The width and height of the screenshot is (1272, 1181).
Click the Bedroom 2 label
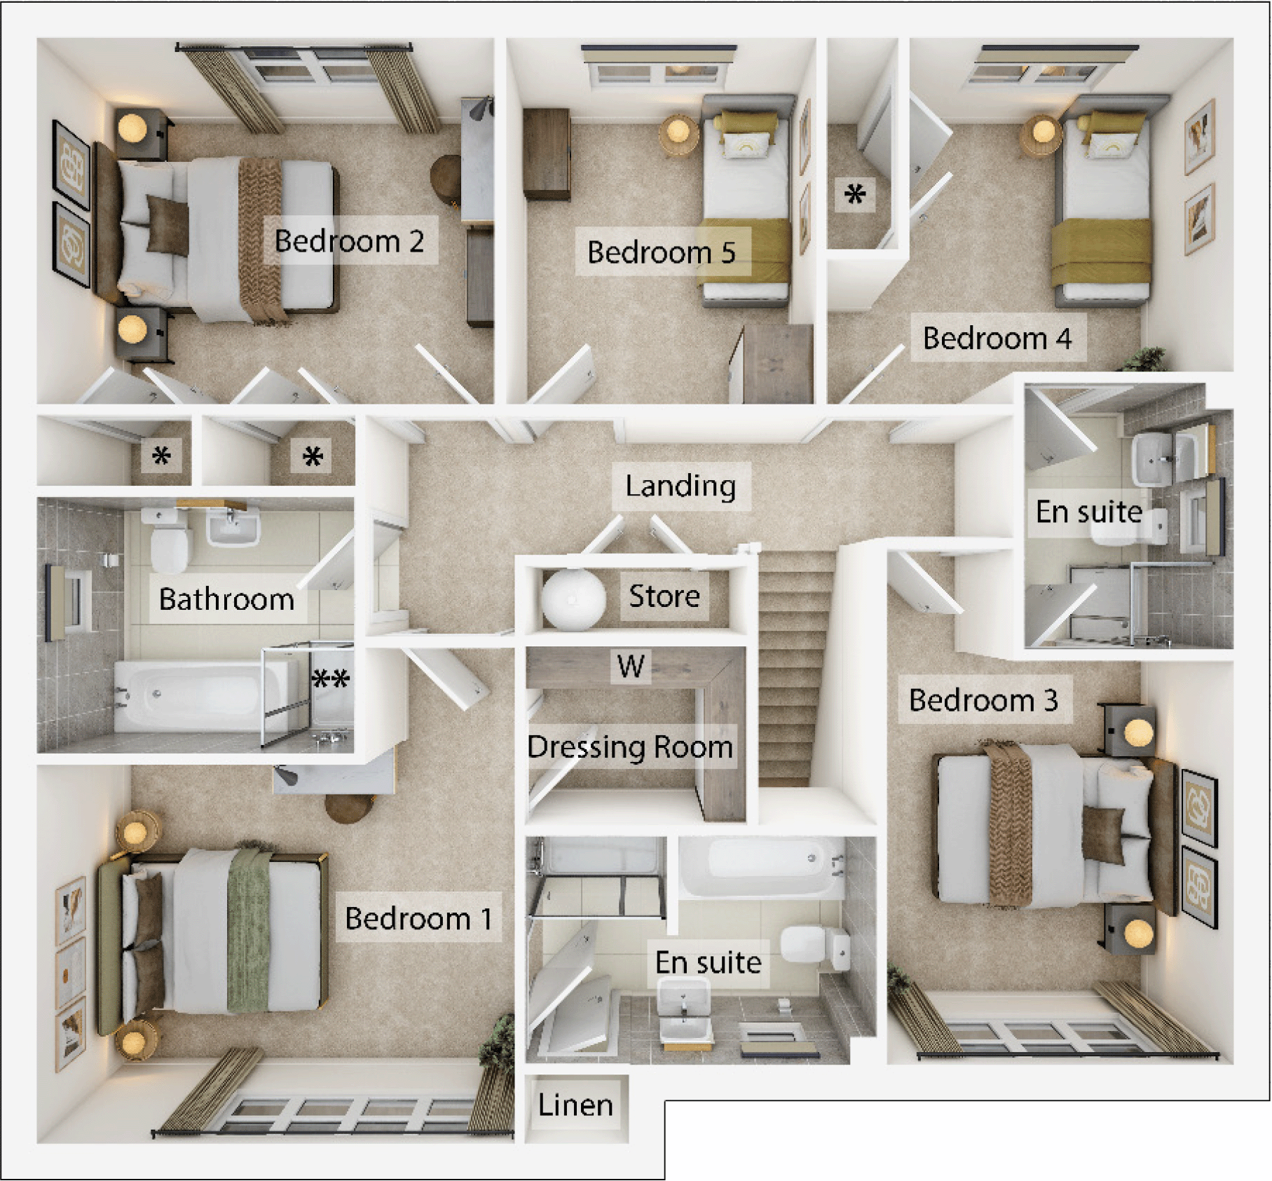click(349, 241)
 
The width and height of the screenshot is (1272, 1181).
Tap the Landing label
click(680, 486)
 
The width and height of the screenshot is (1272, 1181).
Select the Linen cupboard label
click(575, 1105)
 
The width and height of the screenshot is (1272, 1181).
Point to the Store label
click(664, 596)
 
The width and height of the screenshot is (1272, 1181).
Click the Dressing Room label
click(630, 746)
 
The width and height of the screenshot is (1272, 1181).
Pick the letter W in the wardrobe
click(631, 666)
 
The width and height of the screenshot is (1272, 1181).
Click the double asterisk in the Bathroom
click(330, 678)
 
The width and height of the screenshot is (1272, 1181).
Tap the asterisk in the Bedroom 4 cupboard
click(855, 194)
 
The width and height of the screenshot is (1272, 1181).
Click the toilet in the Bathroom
click(168, 543)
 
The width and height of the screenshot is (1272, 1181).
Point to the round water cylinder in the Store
click(573, 599)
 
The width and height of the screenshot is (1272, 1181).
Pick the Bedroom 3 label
click(983, 700)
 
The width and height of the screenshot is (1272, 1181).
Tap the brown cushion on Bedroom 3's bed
click(1102, 834)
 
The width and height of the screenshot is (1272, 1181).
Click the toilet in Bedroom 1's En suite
click(813, 945)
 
